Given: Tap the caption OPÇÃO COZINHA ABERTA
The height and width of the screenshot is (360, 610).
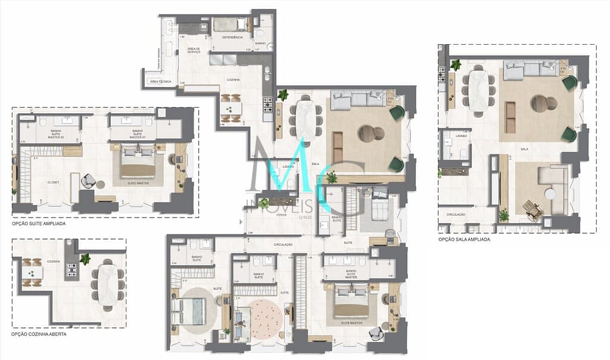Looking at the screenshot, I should coord(39,334).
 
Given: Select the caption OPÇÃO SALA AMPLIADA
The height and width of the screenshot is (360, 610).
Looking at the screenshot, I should coord(464,239).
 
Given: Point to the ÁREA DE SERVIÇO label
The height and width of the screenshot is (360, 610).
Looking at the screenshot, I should coord(194,51).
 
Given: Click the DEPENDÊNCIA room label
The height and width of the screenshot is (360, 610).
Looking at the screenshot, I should coord(232,37).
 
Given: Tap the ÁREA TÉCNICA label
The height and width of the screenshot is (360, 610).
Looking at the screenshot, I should coord(161,80).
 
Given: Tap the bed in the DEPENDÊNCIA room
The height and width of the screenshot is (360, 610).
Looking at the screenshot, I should coord(229,24).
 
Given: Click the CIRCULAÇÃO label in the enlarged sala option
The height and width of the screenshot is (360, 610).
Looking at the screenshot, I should coord(452,214).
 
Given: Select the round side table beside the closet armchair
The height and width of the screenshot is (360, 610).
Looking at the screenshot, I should coord(101,184).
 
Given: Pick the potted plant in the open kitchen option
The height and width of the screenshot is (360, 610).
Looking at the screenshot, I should coord(85,259).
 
